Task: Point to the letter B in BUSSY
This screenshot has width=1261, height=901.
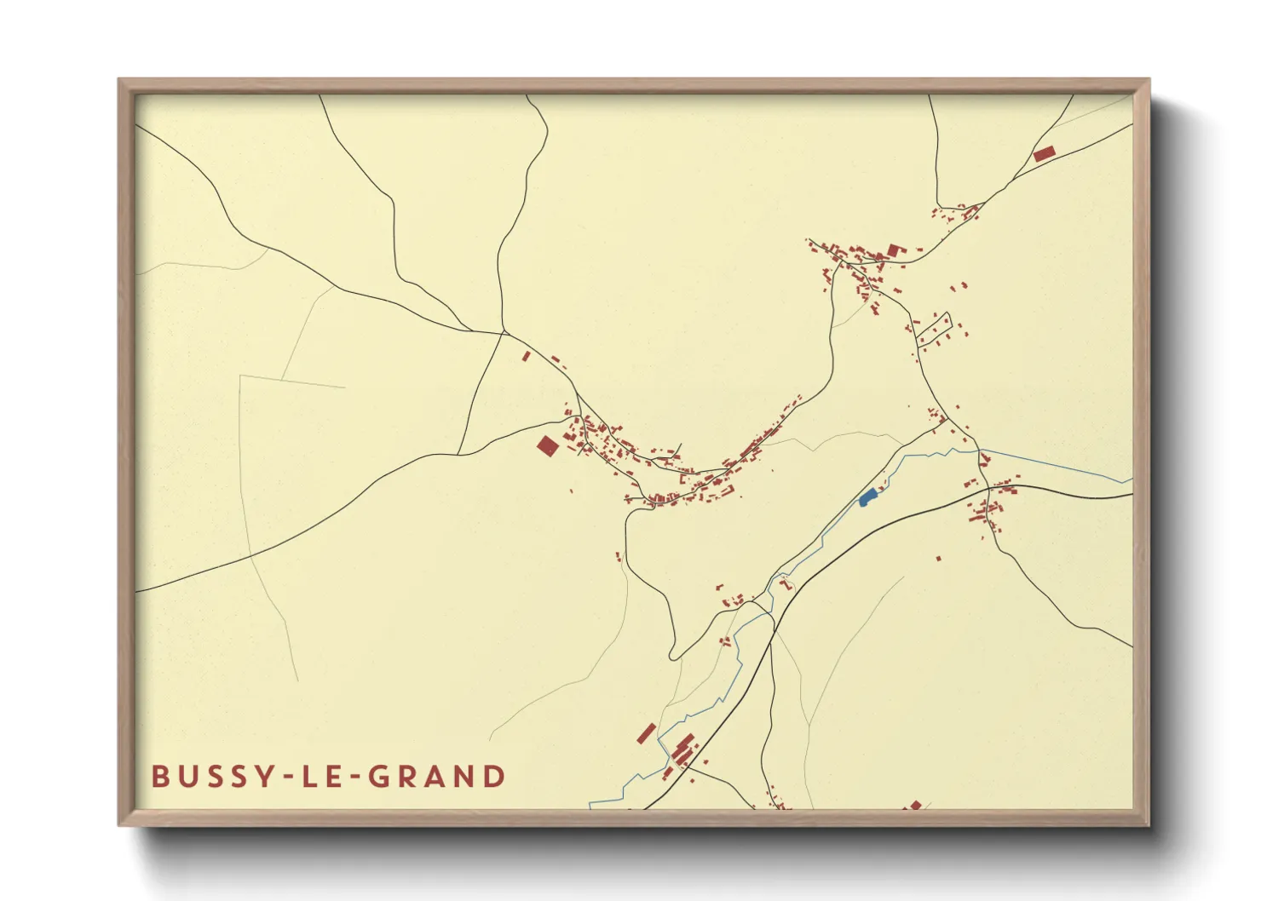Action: point(159,777)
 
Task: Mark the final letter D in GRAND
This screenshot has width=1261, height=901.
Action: point(493,777)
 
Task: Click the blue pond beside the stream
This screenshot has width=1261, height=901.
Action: point(867,496)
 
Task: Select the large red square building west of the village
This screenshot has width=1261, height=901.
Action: point(547,445)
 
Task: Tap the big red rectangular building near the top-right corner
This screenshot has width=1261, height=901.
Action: point(1044,153)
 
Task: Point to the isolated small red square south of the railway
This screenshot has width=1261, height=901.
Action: point(939,559)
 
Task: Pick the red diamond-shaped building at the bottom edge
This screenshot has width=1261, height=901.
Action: point(916,805)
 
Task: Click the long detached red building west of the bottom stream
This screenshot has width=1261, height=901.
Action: point(647,733)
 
